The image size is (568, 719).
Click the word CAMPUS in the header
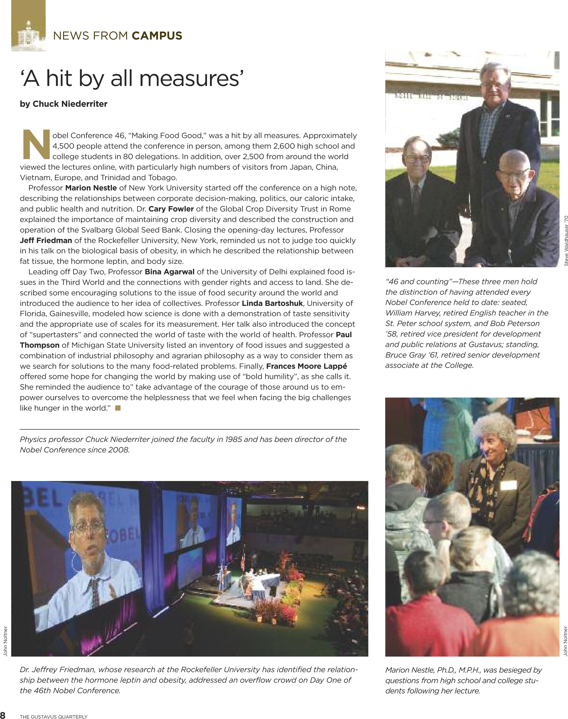click(157, 36)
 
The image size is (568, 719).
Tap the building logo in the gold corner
click(28, 35)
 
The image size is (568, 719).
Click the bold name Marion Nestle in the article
click(91, 188)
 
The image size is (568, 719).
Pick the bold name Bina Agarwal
click(169, 272)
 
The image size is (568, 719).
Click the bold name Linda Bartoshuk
click(272, 303)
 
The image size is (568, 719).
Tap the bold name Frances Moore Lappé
click(306, 366)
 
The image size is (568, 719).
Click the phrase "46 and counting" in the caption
click(417, 282)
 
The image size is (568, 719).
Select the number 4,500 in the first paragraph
click(63, 146)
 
